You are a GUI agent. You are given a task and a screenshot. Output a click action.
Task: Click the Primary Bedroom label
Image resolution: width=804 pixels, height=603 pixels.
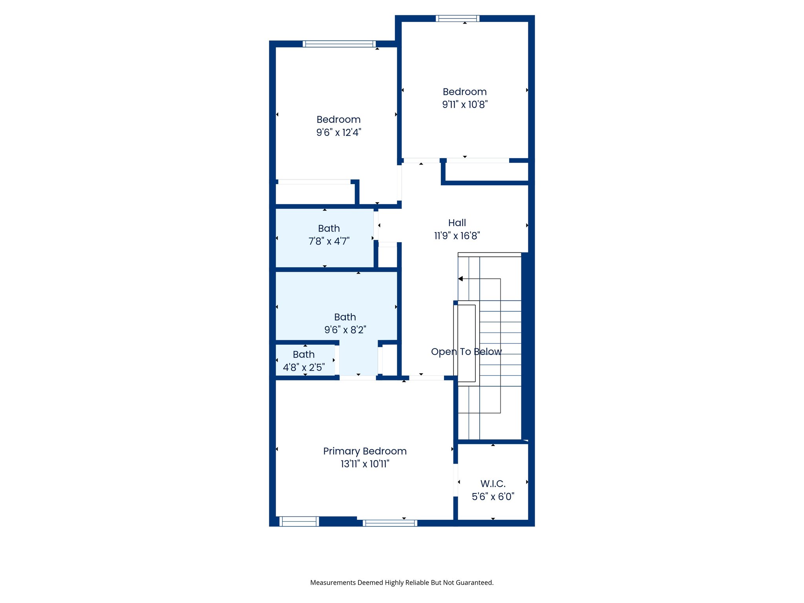(x=365, y=451)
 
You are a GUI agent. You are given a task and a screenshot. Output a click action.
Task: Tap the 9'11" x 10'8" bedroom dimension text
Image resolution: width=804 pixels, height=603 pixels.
(x=465, y=104)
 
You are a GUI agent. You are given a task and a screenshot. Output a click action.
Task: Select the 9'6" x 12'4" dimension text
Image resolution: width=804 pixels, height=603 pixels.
(x=338, y=132)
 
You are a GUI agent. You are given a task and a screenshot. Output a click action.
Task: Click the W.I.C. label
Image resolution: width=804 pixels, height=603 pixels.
(x=493, y=484)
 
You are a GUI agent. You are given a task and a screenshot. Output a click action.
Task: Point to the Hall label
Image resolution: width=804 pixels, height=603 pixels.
(x=457, y=223)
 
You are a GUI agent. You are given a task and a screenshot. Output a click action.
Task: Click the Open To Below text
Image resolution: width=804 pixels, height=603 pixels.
(x=466, y=351)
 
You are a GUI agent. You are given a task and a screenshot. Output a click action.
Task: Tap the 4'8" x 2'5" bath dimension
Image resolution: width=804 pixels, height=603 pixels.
(x=304, y=367)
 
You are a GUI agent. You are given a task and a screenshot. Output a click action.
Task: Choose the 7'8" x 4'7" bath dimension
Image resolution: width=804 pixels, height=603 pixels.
(x=329, y=241)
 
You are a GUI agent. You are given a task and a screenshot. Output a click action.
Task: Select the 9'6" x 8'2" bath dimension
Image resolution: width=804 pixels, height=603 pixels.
(x=345, y=330)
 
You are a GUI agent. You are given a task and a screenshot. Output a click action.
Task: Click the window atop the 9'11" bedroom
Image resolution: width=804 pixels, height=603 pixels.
(x=457, y=18)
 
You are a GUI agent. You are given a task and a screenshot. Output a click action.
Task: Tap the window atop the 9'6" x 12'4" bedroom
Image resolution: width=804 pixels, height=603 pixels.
(x=339, y=44)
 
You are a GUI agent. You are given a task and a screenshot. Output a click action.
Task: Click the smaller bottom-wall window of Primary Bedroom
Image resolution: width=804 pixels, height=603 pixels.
(x=299, y=522)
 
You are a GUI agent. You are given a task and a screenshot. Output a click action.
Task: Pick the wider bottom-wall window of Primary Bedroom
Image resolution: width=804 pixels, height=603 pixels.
(x=390, y=523)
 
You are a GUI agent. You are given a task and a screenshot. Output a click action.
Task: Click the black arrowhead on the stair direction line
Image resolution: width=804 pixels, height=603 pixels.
(x=461, y=279)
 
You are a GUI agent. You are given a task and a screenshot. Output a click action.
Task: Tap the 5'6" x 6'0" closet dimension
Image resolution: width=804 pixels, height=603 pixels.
(x=493, y=497)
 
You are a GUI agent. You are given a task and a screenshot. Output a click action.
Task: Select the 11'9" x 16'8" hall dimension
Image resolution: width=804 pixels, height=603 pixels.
(x=457, y=236)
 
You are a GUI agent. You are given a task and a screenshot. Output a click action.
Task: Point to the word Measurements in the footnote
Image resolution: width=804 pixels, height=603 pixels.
(x=333, y=583)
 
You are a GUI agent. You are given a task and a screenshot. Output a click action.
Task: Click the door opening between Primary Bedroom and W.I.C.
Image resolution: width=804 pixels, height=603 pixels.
(x=456, y=480)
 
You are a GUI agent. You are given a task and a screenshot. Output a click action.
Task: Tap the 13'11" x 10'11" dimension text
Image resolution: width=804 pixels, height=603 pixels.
(x=365, y=464)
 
